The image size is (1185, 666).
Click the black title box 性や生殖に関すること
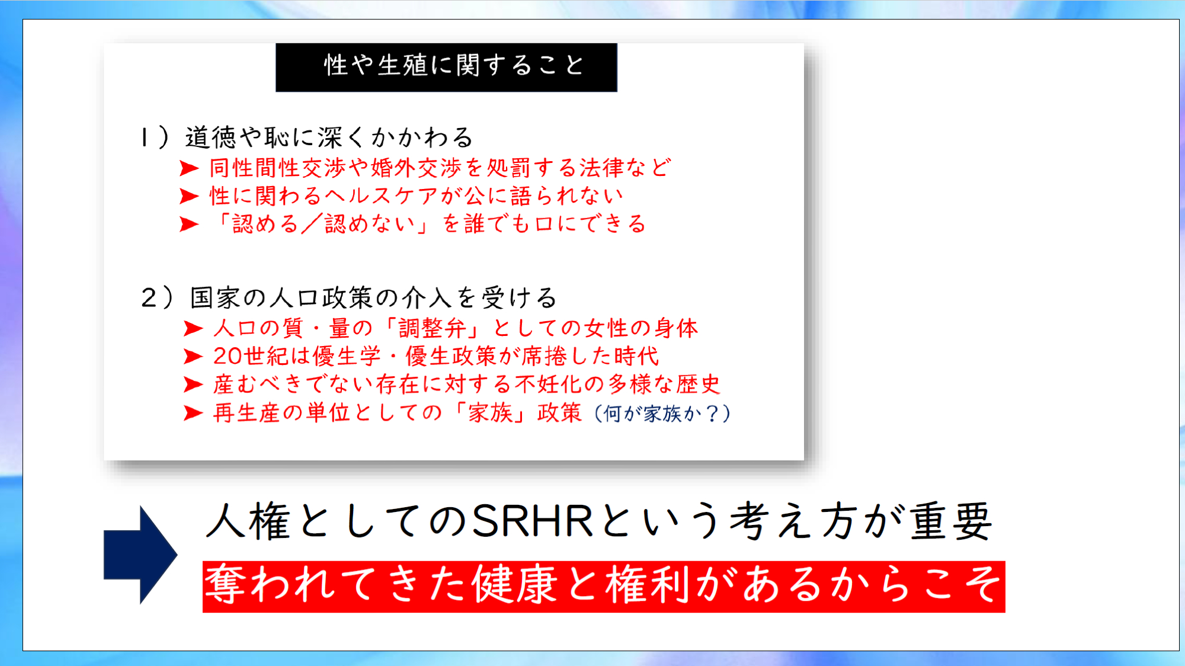pos(446,67)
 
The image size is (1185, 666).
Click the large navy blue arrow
pos(140,555)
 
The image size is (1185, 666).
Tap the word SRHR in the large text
pos(533,521)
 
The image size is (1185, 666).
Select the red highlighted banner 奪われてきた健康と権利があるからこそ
pos(604,587)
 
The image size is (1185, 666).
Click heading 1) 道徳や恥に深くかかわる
pos(306,137)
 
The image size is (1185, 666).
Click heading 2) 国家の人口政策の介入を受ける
pos(349,297)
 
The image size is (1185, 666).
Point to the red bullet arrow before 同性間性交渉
pos(189,169)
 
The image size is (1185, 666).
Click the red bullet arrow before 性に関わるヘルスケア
pos(189,196)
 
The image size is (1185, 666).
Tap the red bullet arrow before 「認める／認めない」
pos(189,225)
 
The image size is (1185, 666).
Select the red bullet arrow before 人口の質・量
pos(194,328)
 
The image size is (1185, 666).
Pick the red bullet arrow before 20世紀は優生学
pos(194,356)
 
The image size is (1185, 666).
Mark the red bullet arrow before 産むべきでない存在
pos(194,385)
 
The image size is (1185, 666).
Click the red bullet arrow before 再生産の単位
pos(194,413)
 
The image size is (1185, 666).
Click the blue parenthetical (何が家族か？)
pos(662,414)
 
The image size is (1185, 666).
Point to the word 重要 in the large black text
pos(950,521)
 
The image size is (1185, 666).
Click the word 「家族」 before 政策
pos(490,413)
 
